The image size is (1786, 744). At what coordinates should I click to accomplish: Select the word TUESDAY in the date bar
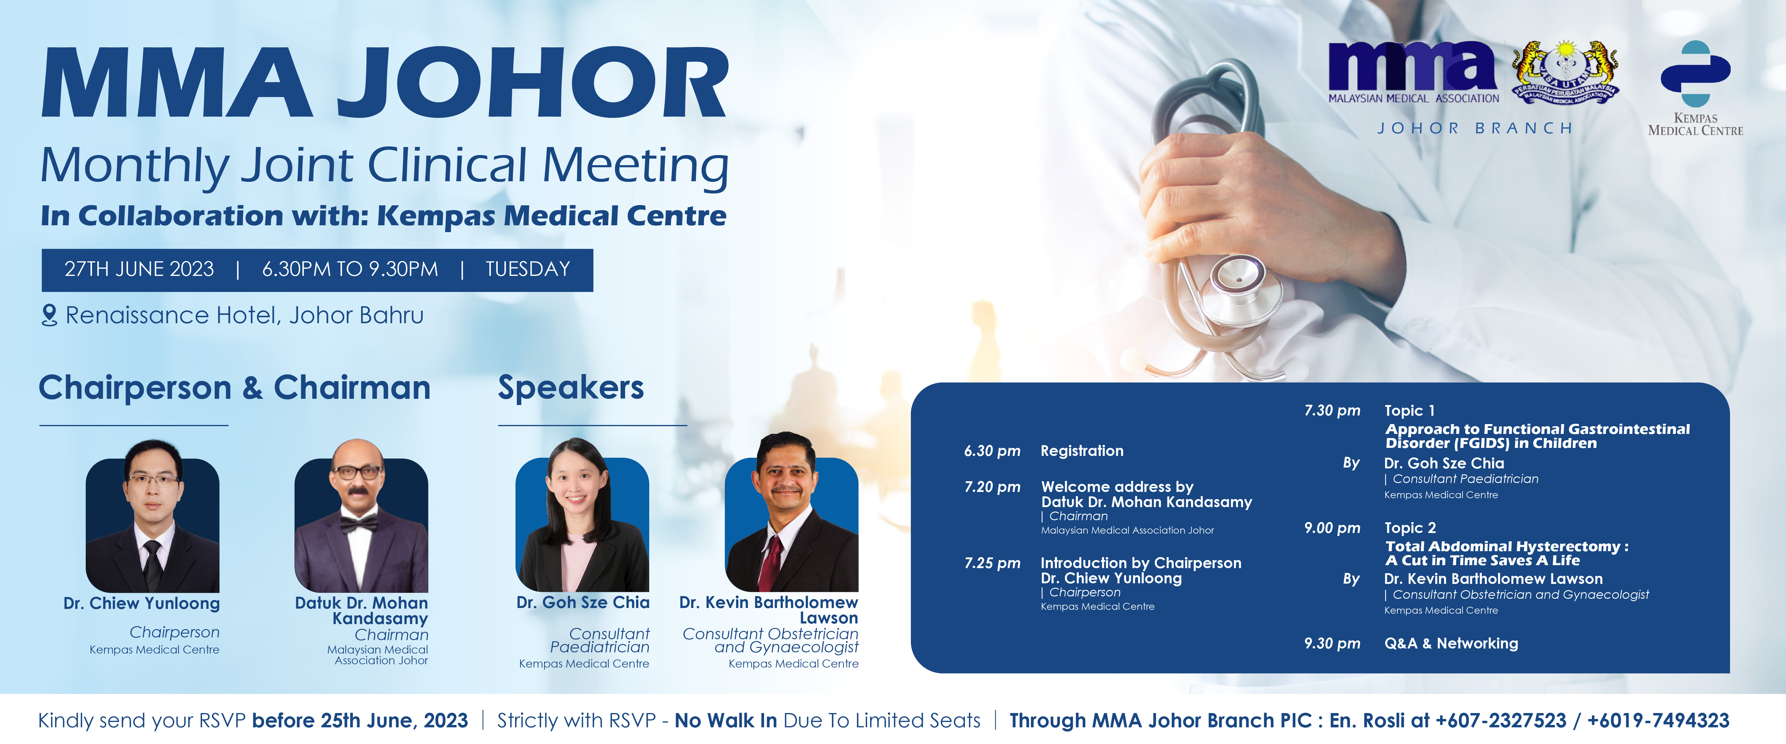[x=528, y=269]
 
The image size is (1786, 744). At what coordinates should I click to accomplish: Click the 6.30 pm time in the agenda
[x=992, y=451]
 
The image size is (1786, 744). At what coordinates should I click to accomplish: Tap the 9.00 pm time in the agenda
[x=1332, y=528]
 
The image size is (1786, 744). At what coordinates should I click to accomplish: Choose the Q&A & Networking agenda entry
[x=1451, y=643]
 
